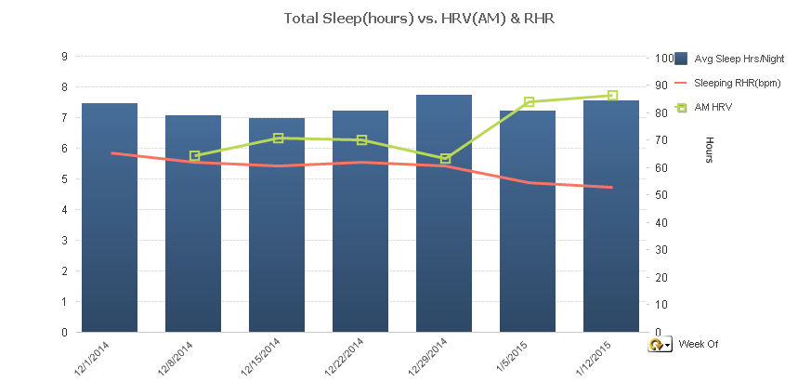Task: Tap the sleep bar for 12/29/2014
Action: [x=444, y=213]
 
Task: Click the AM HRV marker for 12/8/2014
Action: [x=194, y=156]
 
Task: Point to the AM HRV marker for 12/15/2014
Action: [x=278, y=138]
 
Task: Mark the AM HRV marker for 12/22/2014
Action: [x=361, y=140]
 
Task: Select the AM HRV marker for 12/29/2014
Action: [x=445, y=159]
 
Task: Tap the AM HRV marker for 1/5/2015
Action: [x=529, y=101]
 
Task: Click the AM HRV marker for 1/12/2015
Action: [x=612, y=96]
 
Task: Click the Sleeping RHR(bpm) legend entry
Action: [x=737, y=83]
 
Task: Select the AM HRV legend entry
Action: [x=713, y=108]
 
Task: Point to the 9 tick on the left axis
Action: [x=65, y=57]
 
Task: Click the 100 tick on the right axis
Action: [x=663, y=58]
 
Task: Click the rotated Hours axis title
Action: [x=710, y=150]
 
